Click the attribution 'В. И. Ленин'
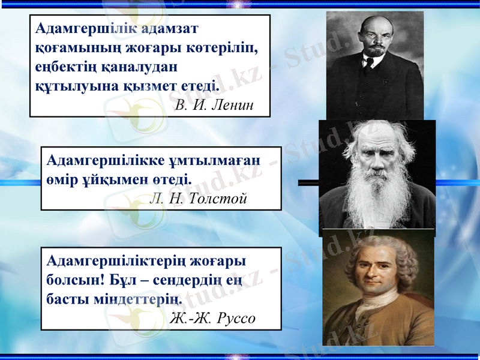point(215,106)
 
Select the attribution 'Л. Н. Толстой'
point(197,199)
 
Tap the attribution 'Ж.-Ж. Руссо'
point(213,318)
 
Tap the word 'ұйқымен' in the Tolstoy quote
point(119,179)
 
